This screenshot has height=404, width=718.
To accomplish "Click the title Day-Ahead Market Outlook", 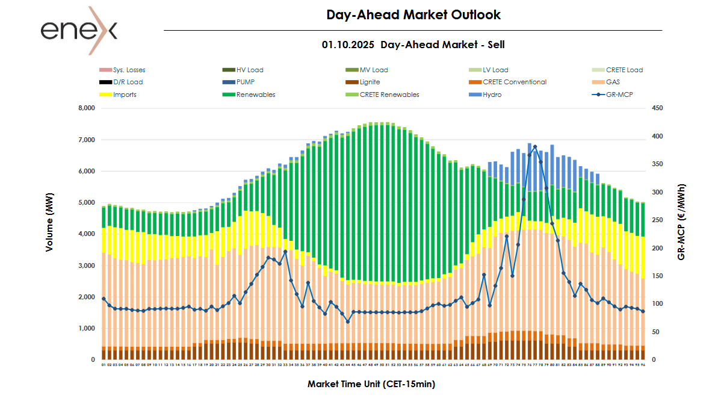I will tap(413, 14).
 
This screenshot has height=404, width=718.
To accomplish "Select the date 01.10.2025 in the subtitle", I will tap(348, 45).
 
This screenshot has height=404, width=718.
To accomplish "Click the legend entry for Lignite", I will tap(367, 82).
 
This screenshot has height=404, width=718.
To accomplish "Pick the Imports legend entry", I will tap(125, 95).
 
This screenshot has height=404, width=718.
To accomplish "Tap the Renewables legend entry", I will tap(256, 95).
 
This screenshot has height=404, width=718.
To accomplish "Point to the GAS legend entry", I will tap(613, 82).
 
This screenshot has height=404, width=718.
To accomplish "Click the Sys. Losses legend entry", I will tap(129, 70).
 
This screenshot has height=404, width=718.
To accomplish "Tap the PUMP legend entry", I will tap(246, 82).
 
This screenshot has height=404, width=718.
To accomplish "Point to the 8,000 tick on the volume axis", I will tap(87, 108).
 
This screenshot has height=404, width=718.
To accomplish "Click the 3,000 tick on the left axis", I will tap(87, 266).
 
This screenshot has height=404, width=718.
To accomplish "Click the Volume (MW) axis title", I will tap(49, 234).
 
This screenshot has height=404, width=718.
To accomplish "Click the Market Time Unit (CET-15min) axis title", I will tap(371, 384).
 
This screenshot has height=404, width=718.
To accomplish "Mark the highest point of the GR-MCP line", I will tap(535, 146).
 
